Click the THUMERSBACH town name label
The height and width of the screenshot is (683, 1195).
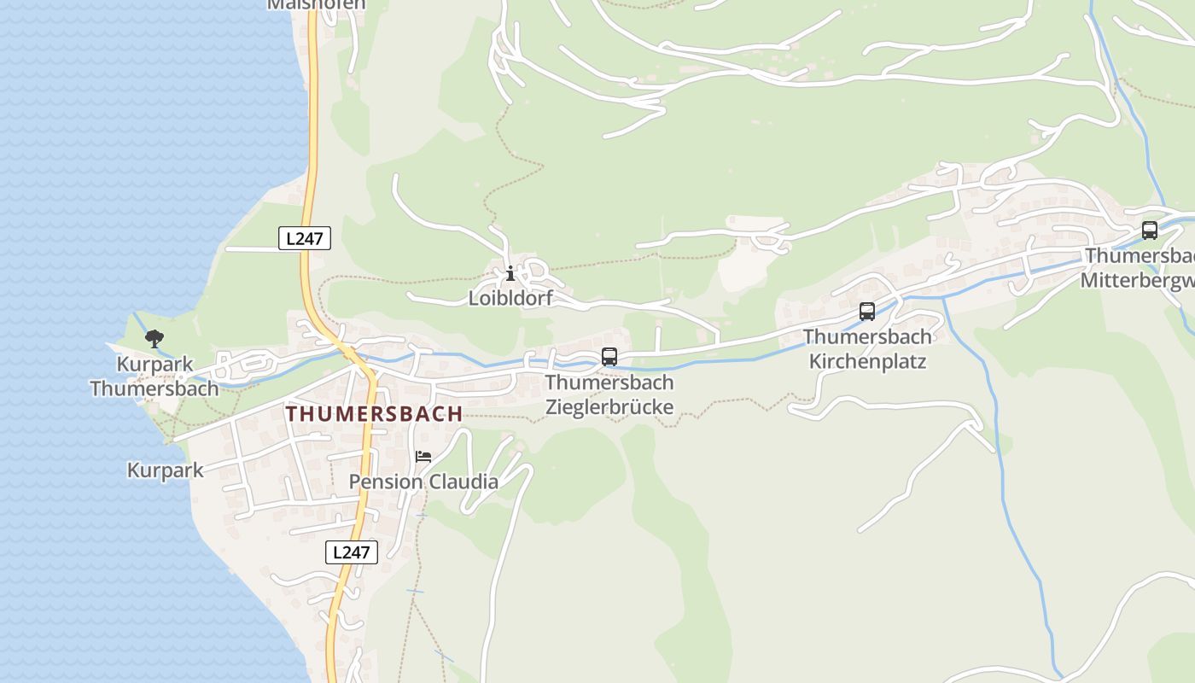[x=374, y=414]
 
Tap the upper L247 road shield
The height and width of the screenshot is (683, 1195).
[x=305, y=238]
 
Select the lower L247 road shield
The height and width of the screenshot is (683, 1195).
[x=351, y=552]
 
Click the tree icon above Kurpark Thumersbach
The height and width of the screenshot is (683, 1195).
[x=154, y=339]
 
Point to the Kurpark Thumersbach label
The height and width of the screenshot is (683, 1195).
[x=154, y=377]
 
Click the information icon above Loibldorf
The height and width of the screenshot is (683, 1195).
[x=510, y=273]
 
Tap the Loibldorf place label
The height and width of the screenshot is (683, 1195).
[x=510, y=298]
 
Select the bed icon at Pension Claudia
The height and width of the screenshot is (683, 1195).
[x=423, y=457]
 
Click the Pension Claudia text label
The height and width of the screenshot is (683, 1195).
[x=423, y=482]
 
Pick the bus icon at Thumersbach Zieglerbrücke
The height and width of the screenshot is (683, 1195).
[x=609, y=357]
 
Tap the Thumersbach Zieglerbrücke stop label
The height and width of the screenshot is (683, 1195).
[x=609, y=394]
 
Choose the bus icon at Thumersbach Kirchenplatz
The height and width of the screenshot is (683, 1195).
[x=867, y=312]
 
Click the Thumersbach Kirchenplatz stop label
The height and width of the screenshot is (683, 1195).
[x=867, y=349]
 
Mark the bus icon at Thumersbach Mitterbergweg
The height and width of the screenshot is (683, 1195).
[x=1150, y=230]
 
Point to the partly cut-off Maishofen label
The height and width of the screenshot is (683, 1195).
[x=317, y=4]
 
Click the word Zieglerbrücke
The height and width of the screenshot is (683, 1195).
[x=609, y=406]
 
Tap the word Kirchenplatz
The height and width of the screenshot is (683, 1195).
[x=867, y=361]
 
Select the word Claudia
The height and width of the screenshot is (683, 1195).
[x=463, y=482]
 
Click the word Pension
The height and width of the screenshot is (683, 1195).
[x=386, y=482]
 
